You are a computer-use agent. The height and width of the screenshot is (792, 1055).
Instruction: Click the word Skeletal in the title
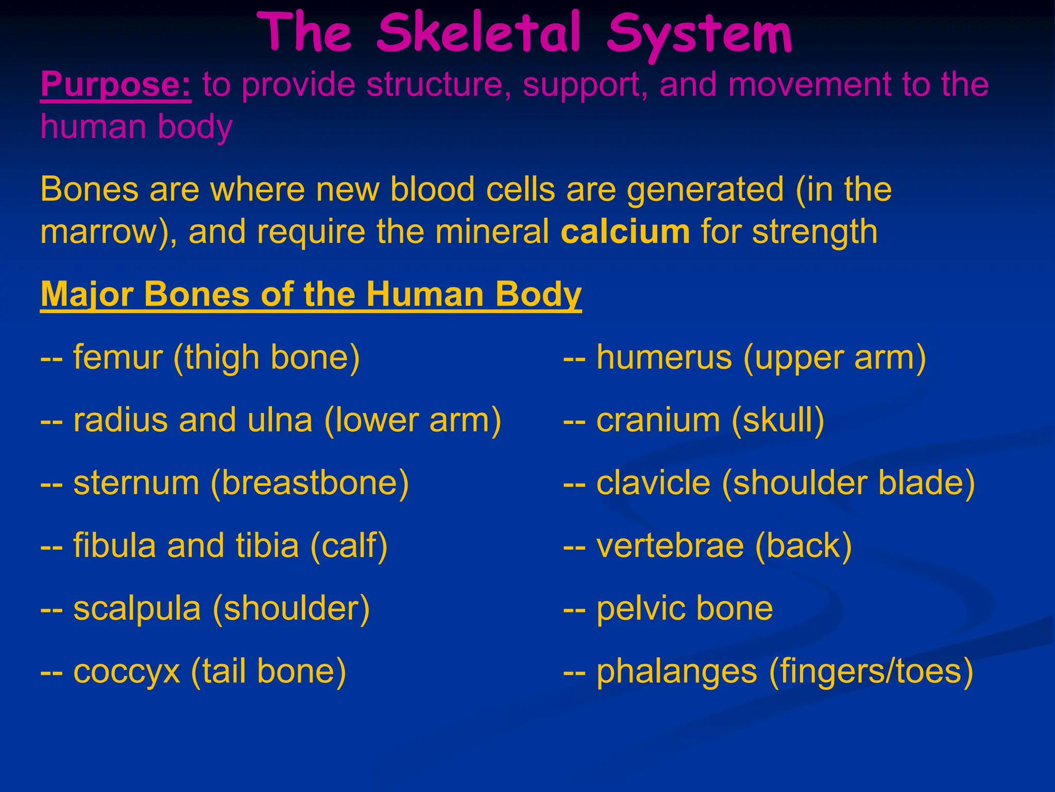[479, 34]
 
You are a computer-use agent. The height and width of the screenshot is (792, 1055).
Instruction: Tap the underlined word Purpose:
[116, 85]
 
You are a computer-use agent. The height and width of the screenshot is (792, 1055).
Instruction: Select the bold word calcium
[625, 232]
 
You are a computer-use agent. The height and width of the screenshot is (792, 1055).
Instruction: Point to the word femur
[118, 357]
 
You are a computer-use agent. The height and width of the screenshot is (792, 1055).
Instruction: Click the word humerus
[664, 357]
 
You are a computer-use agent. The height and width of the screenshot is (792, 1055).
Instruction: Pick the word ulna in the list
[280, 420]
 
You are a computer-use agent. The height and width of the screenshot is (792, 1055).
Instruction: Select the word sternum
[136, 483]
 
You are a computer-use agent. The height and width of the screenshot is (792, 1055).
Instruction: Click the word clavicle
[653, 483]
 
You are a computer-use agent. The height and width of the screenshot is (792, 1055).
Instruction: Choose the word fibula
[114, 546]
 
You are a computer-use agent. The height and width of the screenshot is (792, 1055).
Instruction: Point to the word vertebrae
[670, 546]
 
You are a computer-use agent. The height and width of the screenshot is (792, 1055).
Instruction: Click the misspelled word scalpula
[137, 609]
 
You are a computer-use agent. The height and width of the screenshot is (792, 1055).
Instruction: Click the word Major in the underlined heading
[88, 295]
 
